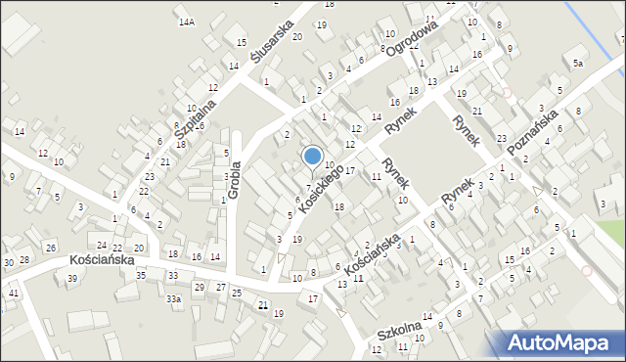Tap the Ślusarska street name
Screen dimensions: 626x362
272,42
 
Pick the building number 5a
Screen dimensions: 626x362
578,64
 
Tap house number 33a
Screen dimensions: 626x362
173,298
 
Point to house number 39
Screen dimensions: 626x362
72,279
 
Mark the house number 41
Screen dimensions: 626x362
14,293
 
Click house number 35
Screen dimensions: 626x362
141,275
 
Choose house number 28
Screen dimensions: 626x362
24,259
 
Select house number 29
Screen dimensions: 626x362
199,287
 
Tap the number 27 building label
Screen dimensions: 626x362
221,287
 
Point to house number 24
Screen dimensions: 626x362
102,245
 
